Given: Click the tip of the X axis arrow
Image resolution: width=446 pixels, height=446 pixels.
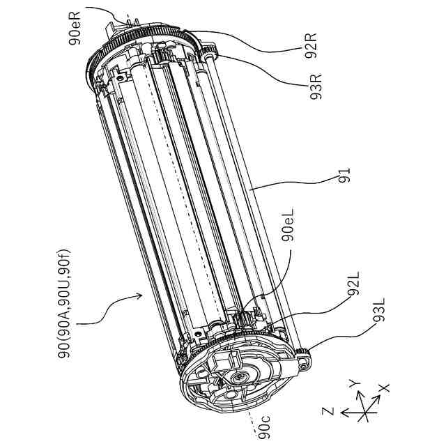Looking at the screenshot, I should pyautogui.click(x=380, y=400).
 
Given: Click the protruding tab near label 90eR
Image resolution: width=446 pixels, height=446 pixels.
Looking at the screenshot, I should pyautogui.click(x=111, y=31).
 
